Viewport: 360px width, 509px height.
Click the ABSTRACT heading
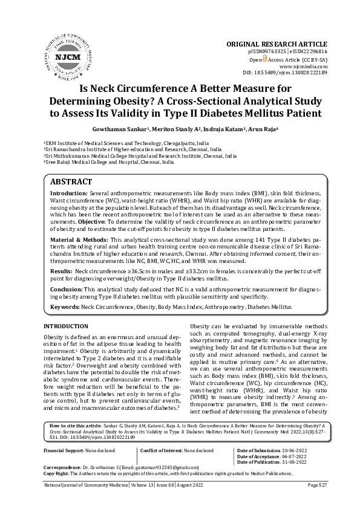(71, 182)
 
